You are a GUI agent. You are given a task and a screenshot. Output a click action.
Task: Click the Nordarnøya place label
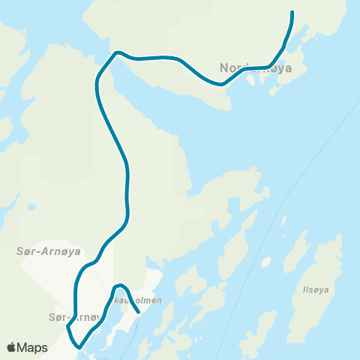click(256, 69)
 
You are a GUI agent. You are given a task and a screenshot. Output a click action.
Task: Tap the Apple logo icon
click(12, 347)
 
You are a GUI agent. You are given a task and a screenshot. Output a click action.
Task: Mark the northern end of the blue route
click(292, 13)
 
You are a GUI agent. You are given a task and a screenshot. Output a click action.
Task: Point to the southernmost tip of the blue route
click(80, 346)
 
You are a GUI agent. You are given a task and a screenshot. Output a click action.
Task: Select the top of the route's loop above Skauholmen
click(119, 286)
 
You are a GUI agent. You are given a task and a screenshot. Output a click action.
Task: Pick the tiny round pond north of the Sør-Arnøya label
click(31, 208)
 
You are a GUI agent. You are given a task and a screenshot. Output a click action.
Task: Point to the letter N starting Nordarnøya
click(224, 69)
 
